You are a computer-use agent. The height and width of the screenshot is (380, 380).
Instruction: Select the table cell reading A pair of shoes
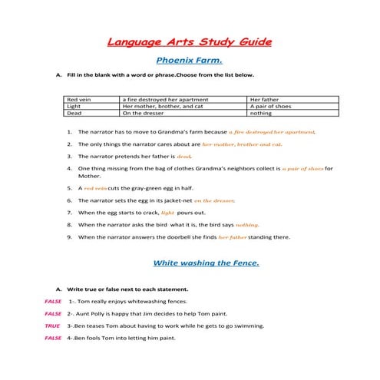269,107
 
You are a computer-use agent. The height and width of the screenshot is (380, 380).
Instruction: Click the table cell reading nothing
261,113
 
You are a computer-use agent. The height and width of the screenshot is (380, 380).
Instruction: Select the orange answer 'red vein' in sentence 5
96,188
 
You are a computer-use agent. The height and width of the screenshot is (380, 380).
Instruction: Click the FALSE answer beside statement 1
53,301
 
